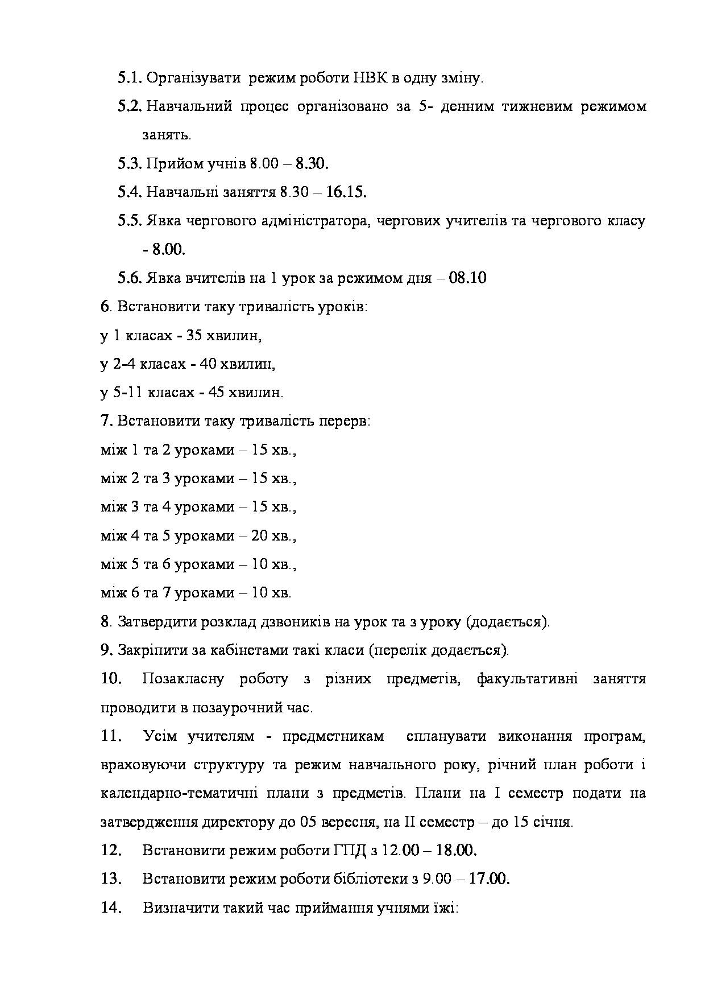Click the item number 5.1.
(x=130, y=78)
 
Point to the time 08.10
(x=467, y=278)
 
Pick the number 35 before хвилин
(x=194, y=336)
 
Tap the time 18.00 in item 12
(x=457, y=851)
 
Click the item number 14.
(x=111, y=908)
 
